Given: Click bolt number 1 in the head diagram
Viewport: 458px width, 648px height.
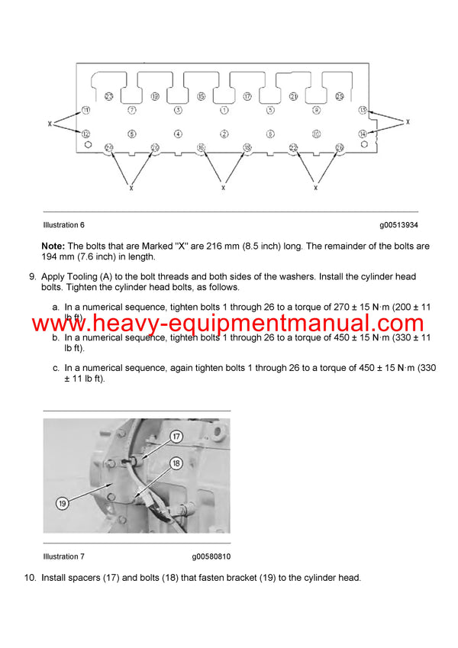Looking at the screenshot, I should [224, 110].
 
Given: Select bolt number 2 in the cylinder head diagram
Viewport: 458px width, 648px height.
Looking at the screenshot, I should [224, 134].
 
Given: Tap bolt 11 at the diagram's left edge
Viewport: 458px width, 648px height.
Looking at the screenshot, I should [86, 110].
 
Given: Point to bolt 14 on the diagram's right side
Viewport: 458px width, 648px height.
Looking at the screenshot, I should [363, 134].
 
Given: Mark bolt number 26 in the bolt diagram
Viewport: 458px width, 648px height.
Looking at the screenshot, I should [340, 147].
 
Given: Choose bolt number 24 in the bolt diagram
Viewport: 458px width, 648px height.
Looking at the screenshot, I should [109, 147].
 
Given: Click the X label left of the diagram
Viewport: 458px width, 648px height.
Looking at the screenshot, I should [50, 122].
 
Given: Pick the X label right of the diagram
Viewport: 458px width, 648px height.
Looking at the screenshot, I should [408, 121].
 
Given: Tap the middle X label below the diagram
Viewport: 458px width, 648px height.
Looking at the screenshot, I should [223, 187].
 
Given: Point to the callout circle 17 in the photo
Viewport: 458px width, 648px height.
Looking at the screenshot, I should [176, 437].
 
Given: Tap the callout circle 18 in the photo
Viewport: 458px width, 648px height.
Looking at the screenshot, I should [176, 463].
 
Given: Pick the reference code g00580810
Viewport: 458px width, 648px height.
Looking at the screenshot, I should [211, 556].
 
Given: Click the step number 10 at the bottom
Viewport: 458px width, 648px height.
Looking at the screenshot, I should [30, 578].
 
